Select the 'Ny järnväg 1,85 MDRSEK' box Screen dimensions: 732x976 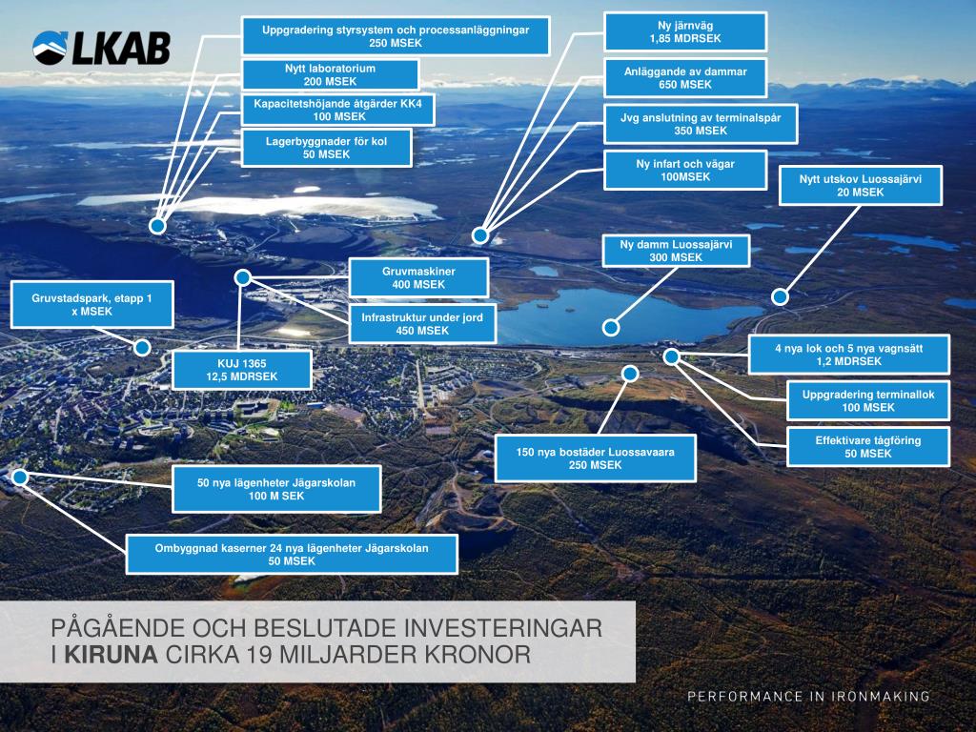click(x=684, y=31)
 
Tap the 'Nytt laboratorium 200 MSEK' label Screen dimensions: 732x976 click(x=330, y=75)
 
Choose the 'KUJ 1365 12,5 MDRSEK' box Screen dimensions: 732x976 click(x=241, y=370)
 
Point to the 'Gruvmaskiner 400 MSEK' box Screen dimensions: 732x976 click(x=419, y=278)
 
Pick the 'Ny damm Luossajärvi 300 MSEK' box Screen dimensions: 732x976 click(x=676, y=251)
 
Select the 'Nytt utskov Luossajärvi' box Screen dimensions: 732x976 click(x=860, y=185)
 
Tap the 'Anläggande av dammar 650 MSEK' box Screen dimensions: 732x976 click(x=684, y=78)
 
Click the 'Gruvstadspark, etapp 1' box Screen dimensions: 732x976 click(x=91, y=305)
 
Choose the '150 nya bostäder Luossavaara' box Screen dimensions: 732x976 click(x=596, y=457)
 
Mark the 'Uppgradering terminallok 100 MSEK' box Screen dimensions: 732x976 click(x=868, y=400)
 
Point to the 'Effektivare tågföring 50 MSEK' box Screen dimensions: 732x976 click(x=868, y=448)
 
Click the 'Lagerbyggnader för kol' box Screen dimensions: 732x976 click(x=326, y=147)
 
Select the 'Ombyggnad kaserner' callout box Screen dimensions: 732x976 click(x=292, y=554)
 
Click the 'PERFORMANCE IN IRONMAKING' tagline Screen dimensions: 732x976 click(x=809, y=697)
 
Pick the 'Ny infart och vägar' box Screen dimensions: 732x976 click(x=685, y=171)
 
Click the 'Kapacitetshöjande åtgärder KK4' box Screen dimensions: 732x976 click(x=338, y=110)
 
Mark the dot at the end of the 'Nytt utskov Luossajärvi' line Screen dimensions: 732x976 click(x=780, y=297)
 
